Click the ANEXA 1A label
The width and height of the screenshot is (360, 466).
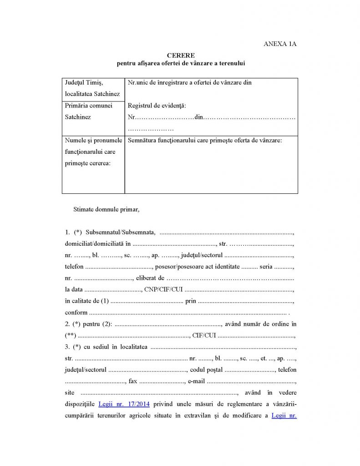coord(280,44)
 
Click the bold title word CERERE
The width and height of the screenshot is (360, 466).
coord(180,56)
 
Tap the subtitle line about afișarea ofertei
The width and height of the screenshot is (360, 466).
coord(180,63)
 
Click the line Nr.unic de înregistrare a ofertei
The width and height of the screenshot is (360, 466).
coord(190,82)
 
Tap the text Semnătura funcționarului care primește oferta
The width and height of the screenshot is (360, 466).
coord(205,140)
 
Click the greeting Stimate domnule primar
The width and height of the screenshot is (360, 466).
coord(106,210)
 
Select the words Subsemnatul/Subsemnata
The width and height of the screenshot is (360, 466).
coord(121,233)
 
